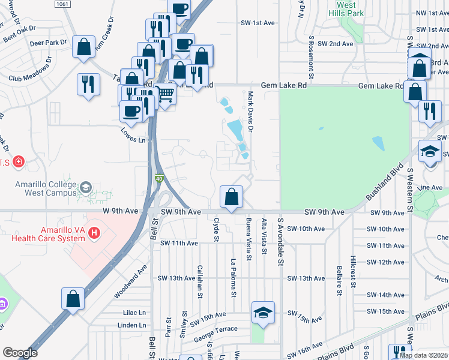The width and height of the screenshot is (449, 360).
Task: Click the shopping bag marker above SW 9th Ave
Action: click(232, 197)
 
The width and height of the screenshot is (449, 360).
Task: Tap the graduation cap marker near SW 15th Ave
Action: click(263, 313)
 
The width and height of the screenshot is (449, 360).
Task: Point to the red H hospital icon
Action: click(94, 233)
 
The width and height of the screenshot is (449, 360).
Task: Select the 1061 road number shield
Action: click(62, 4)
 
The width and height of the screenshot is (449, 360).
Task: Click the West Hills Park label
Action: click(347, 8)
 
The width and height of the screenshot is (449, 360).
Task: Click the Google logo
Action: click(20, 353)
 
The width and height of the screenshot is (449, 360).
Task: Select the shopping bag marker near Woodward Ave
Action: click(73, 298)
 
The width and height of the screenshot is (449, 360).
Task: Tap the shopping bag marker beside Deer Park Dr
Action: click(83, 46)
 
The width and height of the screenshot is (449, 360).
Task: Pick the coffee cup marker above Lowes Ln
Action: click(131, 110)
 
